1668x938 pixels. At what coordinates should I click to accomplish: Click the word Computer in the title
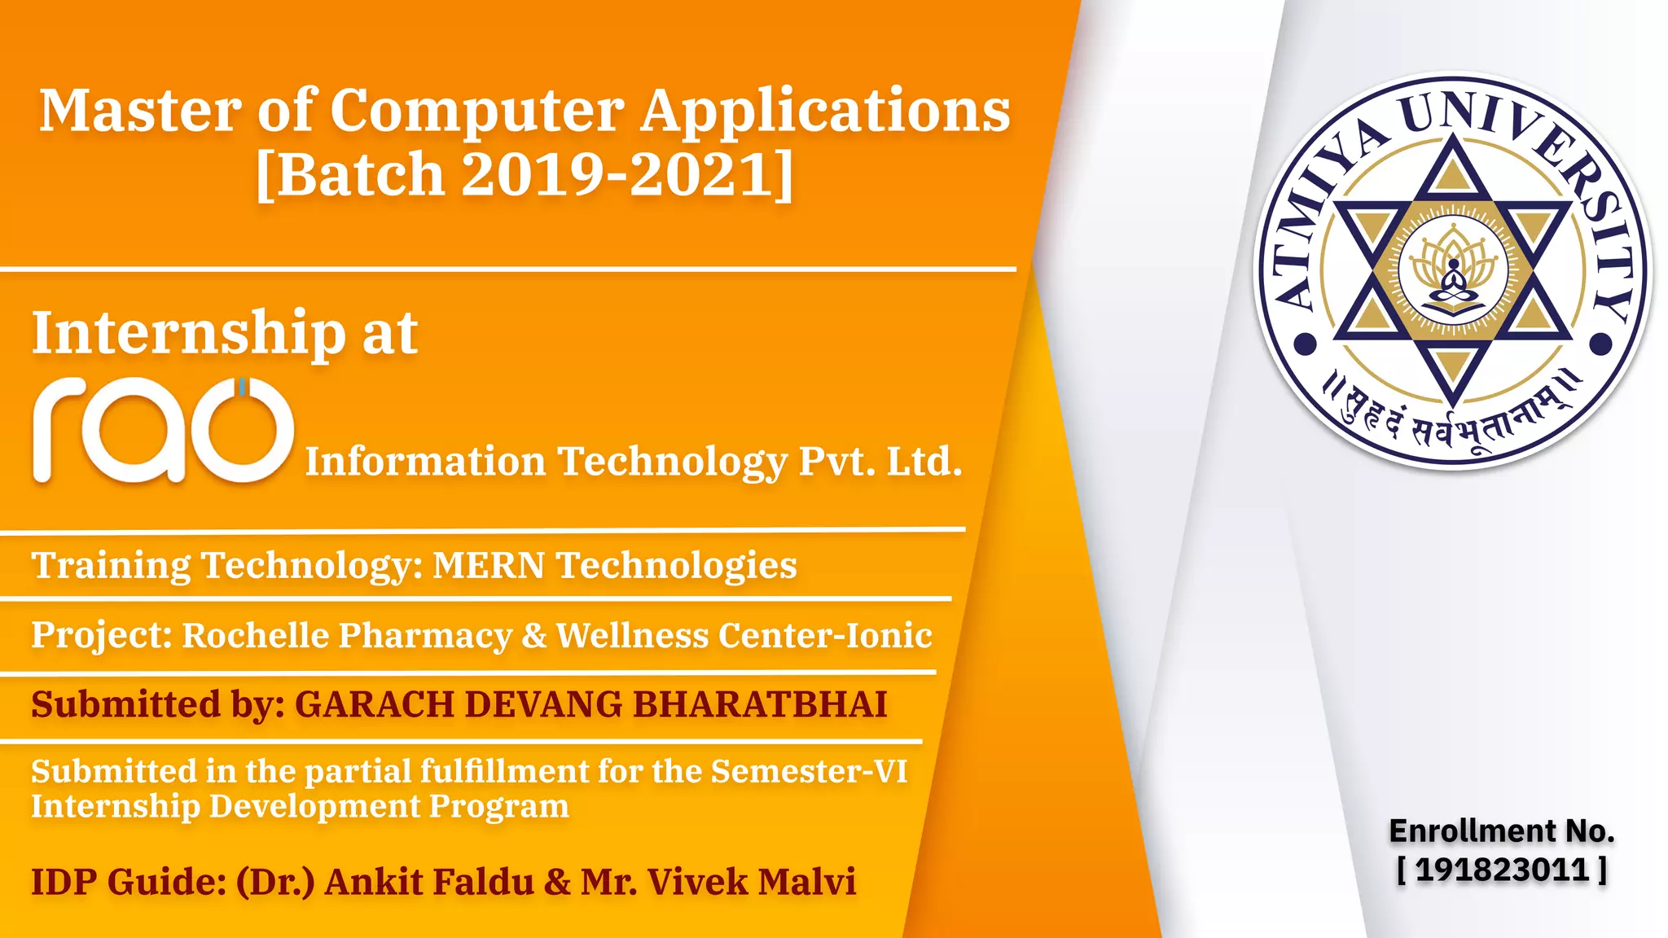476,111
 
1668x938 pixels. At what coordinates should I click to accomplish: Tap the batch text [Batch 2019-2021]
525,173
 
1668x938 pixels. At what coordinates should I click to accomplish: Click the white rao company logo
163,429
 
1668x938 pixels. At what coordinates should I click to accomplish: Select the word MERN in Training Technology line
488,565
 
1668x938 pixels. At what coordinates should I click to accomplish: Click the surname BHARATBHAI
759,704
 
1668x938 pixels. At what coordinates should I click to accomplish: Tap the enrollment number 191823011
1502,870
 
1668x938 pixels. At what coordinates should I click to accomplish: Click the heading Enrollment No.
1501,831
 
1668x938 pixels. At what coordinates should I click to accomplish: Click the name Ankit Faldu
429,882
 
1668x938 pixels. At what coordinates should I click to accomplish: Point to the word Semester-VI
809,771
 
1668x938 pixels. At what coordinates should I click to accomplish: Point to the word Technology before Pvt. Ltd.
672,462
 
